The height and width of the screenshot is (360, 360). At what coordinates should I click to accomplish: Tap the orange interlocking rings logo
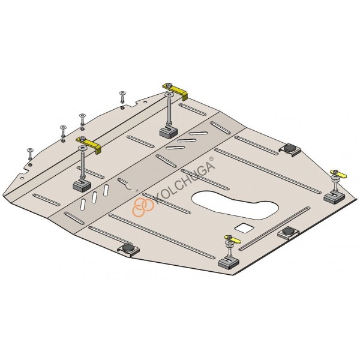click(x=143, y=206)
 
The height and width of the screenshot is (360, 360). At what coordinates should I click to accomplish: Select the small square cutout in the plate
click(x=244, y=227)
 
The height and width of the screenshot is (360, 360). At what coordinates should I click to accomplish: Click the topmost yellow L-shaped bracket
click(x=176, y=91)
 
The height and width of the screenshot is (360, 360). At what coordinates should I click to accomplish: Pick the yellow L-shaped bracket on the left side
click(x=90, y=144)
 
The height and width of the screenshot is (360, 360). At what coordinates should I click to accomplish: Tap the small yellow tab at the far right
click(x=339, y=174)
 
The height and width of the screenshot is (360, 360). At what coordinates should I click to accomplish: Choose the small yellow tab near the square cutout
click(x=233, y=239)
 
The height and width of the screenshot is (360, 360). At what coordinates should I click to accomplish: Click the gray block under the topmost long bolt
click(x=169, y=132)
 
